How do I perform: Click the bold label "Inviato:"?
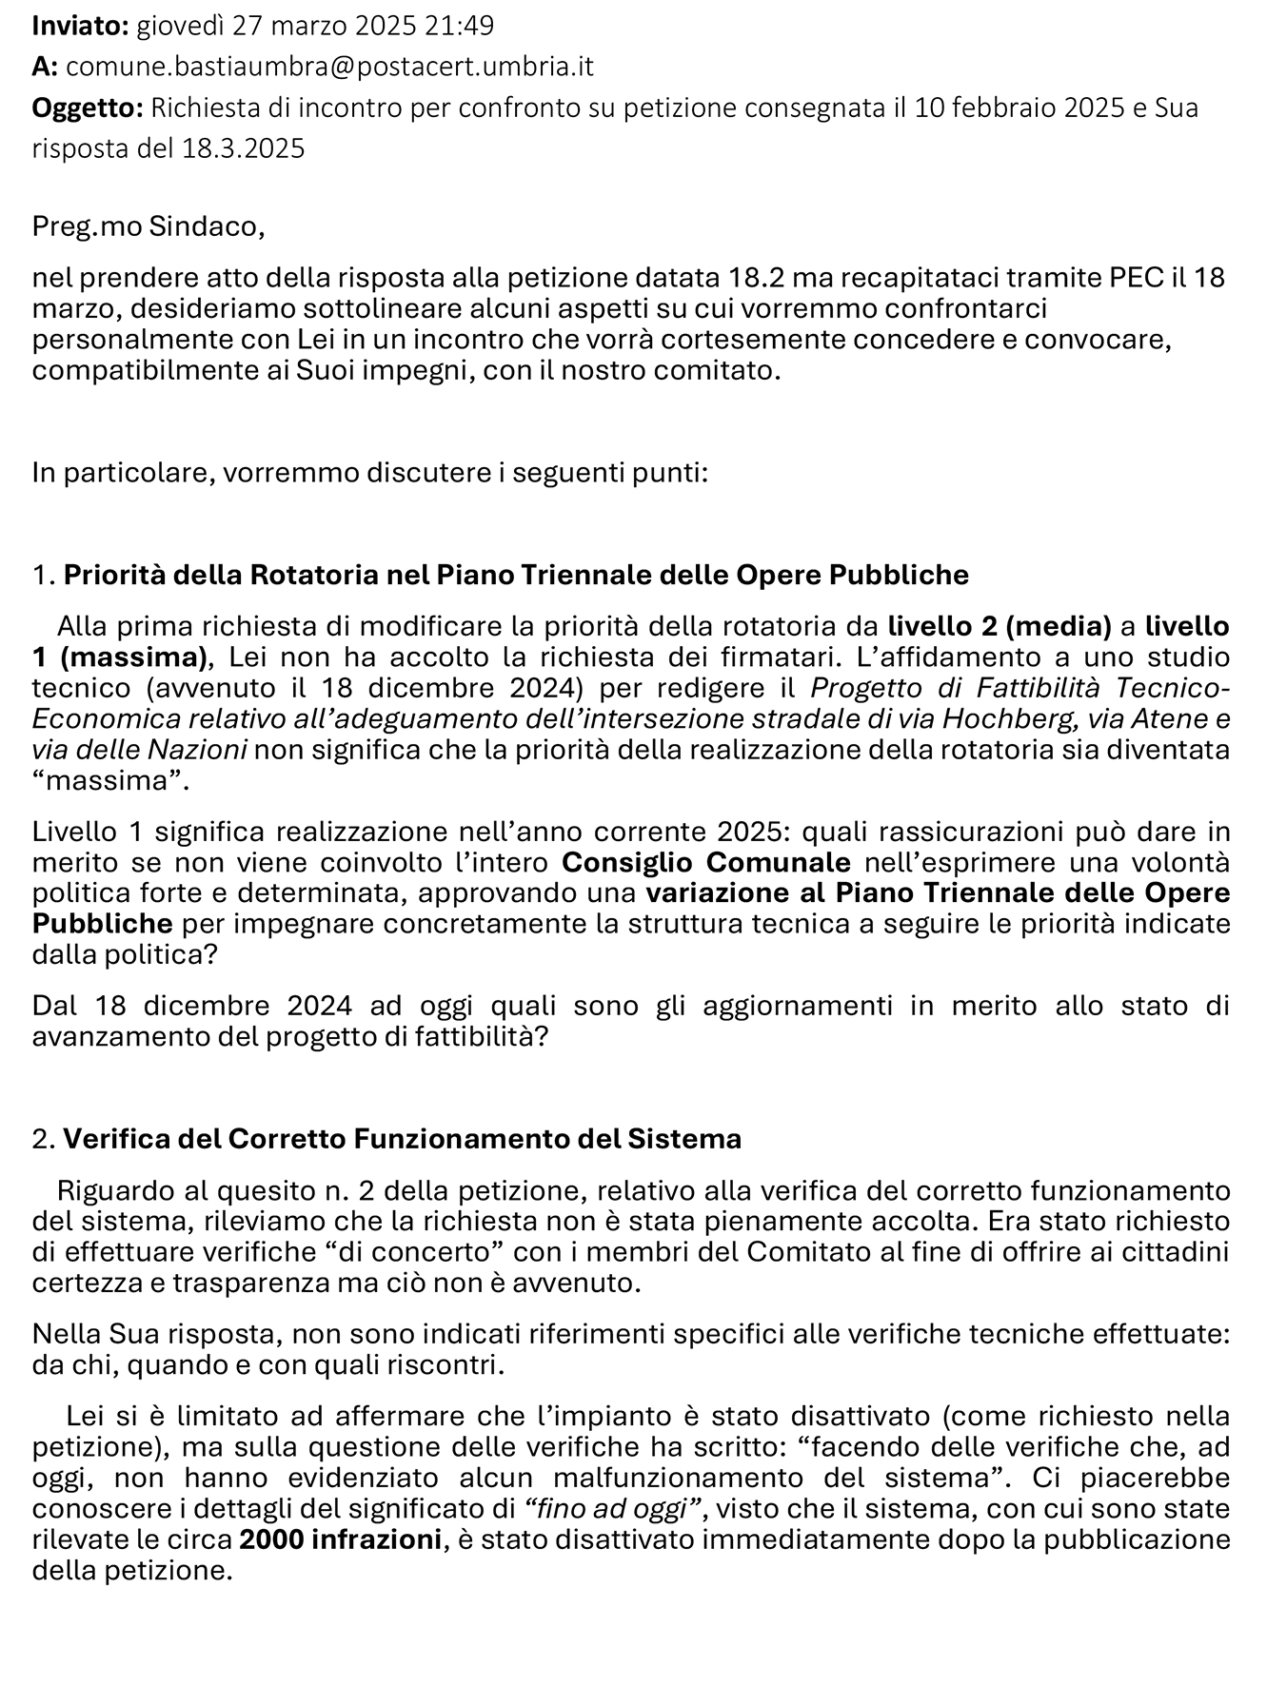(x=80, y=26)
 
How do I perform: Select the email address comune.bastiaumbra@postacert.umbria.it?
(x=330, y=67)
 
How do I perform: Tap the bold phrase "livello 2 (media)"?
(x=1000, y=626)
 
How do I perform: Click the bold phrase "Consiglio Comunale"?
(x=706, y=863)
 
